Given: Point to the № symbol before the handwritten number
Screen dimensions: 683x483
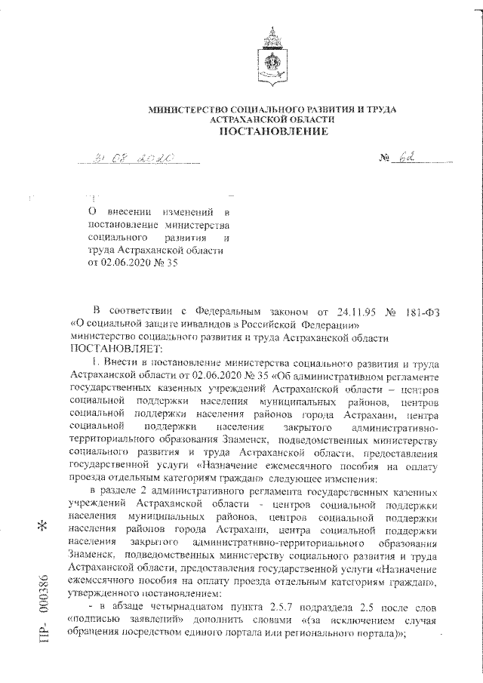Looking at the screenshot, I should coord(386,159).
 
